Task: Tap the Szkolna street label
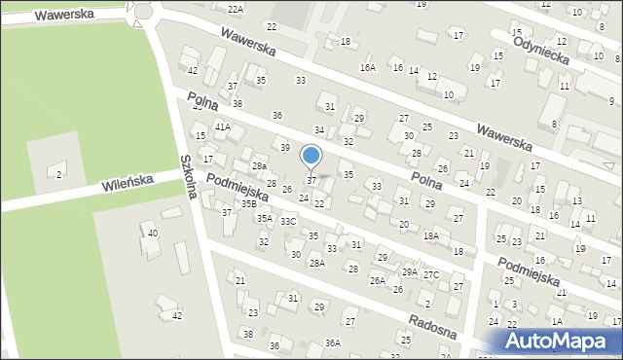tap(189, 176)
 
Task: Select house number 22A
tap(235, 9)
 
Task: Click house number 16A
tap(367, 67)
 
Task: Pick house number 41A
tap(223, 126)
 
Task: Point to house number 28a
tap(259, 166)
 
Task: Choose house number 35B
tap(249, 203)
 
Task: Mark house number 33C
tap(288, 221)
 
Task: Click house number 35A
tap(264, 219)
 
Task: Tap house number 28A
tap(316, 263)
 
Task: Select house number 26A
tap(377, 280)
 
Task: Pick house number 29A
tap(409, 271)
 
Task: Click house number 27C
tap(430, 274)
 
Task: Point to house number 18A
tap(430, 235)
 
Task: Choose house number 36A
tap(333, 342)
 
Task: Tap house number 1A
tap(557, 321)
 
